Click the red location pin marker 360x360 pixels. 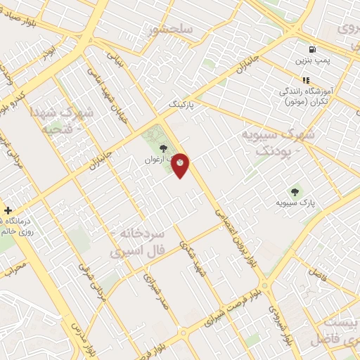pyautogui.click(x=181, y=165)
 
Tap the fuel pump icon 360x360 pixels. pyautogui.click(x=311, y=50)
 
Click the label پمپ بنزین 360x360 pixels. pyautogui.click(x=311, y=62)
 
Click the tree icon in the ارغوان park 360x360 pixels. pyautogui.click(x=163, y=148)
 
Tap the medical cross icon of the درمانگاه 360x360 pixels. pyautogui.click(x=7, y=210)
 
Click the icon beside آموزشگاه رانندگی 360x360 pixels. pyautogui.click(x=305, y=80)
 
